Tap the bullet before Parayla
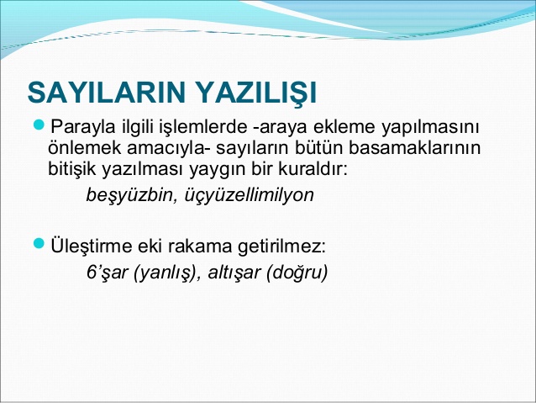39,126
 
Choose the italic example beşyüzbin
126,196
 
